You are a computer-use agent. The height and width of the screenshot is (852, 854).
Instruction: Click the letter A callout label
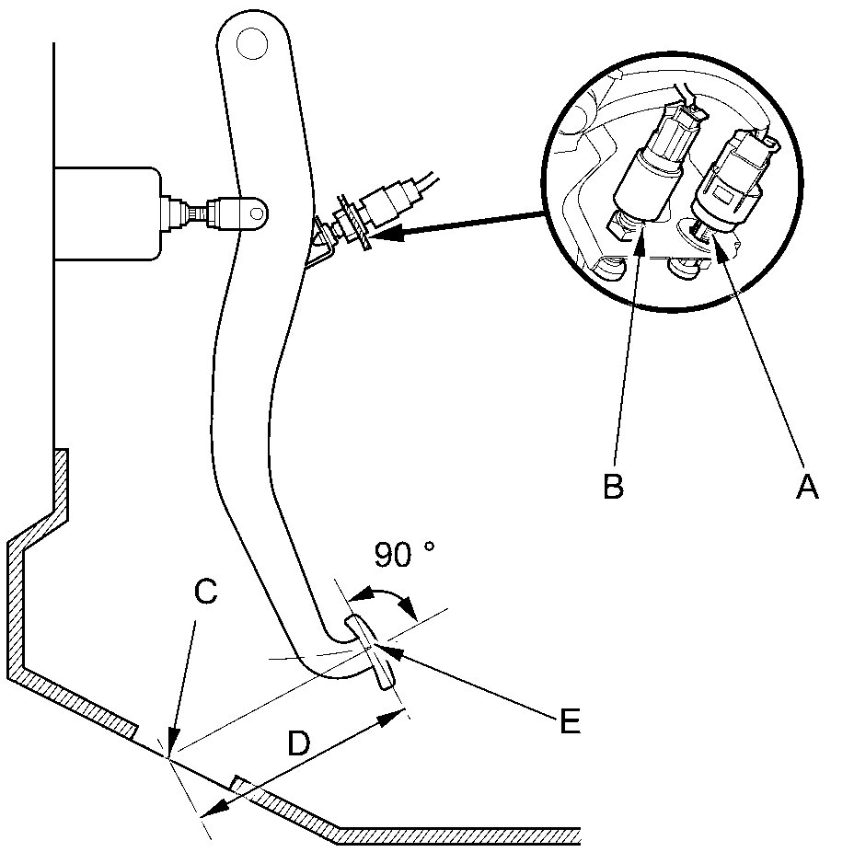pos(806,486)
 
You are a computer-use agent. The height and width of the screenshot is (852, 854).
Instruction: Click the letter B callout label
pos(613,486)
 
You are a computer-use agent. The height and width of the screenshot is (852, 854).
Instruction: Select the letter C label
pos(205,593)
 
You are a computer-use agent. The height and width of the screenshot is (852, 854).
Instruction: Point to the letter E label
pos(570,721)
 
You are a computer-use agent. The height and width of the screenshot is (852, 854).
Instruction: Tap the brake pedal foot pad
pos(372,651)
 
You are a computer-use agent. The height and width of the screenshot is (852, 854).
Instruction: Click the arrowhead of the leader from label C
pos(171,750)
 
